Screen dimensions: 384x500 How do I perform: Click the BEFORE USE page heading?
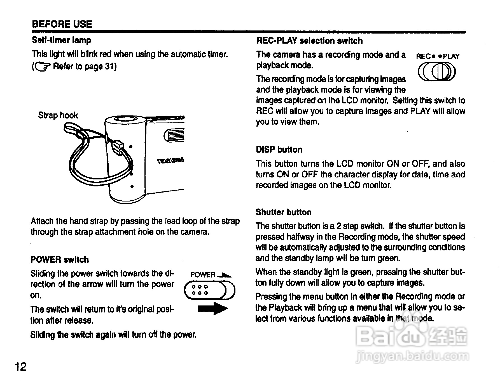point(62,24)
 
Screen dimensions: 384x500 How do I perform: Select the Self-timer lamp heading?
point(62,40)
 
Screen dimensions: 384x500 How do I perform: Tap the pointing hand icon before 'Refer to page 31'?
point(42,67)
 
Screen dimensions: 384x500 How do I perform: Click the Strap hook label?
point(58,115)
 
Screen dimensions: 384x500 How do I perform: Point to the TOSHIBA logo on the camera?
point(170,161)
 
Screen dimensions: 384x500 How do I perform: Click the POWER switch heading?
point(60,260)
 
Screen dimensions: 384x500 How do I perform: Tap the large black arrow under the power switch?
point(213,308)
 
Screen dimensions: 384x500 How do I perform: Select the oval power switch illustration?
point(209,290)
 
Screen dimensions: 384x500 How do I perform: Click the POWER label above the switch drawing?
point(203,275)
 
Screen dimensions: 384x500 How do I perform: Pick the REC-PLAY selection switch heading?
point(309,41)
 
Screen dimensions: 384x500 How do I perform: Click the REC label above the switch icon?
point(423,56)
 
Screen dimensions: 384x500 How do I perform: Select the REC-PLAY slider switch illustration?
point(437,72)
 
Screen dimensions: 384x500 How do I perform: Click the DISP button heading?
point(279,150)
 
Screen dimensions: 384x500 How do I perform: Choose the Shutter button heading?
point(283,212)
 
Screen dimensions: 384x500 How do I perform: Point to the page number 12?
point(21,366)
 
